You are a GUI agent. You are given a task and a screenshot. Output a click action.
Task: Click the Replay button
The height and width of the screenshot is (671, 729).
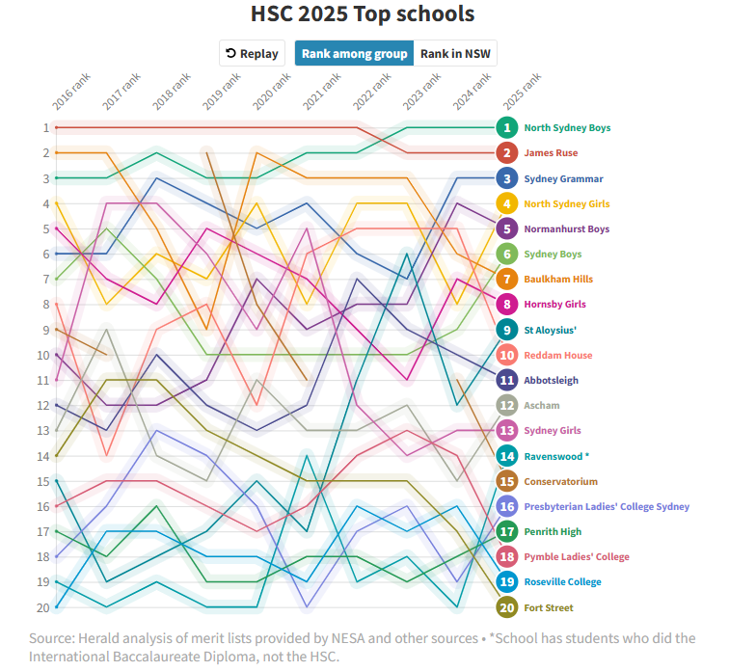pos(253,54)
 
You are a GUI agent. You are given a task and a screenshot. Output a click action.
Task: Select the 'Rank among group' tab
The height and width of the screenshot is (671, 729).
pos(354,54)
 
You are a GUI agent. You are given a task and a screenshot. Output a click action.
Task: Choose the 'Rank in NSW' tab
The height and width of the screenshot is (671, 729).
pos(455,54)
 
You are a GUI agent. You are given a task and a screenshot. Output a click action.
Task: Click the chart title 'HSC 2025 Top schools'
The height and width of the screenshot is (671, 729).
pos(363,14)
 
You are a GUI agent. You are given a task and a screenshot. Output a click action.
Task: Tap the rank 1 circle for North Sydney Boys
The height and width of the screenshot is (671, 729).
pos(507,127)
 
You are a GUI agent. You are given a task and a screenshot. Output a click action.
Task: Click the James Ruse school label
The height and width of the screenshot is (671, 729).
pos(552,153)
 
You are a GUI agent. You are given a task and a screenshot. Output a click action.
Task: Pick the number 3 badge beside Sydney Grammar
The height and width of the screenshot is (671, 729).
pos(507,178)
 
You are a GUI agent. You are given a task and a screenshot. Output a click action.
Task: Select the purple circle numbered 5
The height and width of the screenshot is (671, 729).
pos(507,228)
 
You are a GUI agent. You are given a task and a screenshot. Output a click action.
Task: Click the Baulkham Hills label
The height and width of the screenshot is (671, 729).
pos(558,280)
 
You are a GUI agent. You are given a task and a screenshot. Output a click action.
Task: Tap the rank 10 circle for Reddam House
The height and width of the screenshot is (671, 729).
pos(507,355)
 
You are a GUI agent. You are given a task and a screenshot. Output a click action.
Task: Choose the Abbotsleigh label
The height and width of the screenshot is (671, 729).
pos(551,381)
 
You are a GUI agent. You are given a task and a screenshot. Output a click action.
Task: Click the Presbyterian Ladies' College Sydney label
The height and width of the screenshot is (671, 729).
pos(607,506)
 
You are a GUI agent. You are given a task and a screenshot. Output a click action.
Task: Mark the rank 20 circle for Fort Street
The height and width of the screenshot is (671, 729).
pos(507,607)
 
